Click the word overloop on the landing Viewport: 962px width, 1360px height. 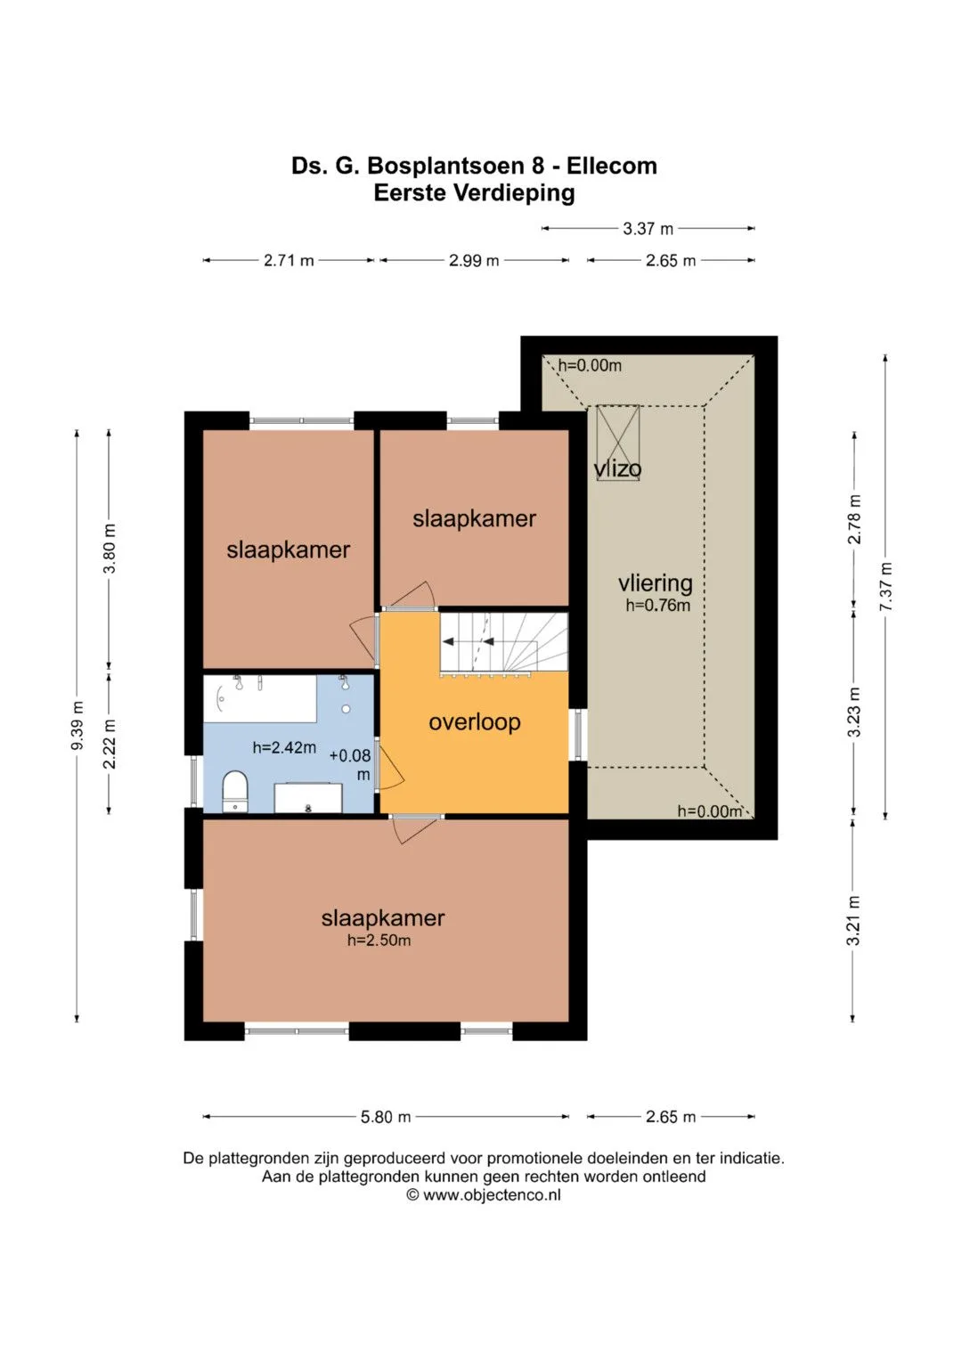[x=474, y=722]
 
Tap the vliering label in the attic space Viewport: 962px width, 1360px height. [x=656, y=583]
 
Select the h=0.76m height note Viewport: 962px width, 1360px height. [x=657, y=606]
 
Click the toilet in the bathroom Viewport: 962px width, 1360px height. [x=235, y=791]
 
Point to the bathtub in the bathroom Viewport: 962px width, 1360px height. [x=260, y=698]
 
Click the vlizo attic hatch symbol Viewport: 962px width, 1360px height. [x=617, y=444]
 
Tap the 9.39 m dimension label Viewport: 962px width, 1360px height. [x=77, y=726]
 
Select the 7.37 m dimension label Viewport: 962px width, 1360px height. [x=885, y=587]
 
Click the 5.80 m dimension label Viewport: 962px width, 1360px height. [x=386, y=1117]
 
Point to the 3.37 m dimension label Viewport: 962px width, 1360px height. [x=648, y=229]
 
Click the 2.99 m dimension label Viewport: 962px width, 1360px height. [x=474, y=260]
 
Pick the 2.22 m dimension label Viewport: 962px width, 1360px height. [x=110, y=744]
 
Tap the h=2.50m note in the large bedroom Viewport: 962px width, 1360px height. [x=379, y=941]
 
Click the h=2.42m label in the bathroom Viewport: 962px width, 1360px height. [x=284, y=748]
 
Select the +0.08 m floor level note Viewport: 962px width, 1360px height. [x=351, y=764]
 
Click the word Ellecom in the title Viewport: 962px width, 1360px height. [x=612, y=166]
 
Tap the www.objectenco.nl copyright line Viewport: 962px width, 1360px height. [x=484, y=1195]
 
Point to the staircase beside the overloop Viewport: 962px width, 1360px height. [x=504, y=642]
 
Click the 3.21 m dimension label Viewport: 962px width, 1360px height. [x=853, y=920]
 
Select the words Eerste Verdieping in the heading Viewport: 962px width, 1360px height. [x=474, y=193]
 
